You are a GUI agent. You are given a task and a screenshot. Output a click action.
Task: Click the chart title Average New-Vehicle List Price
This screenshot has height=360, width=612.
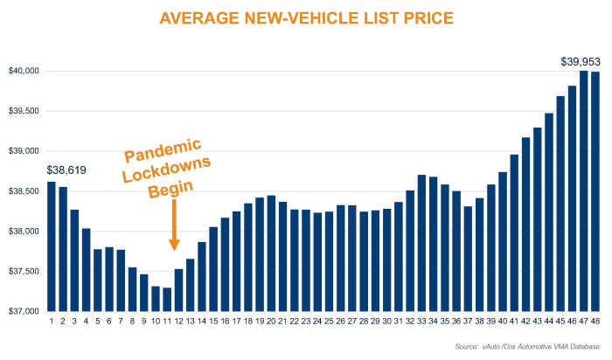tap(305, 17)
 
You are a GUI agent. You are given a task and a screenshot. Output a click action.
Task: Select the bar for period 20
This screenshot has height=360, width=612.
tap(270, 253)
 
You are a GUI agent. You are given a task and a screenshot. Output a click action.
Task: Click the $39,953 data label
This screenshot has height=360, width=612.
tap(580, 61)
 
